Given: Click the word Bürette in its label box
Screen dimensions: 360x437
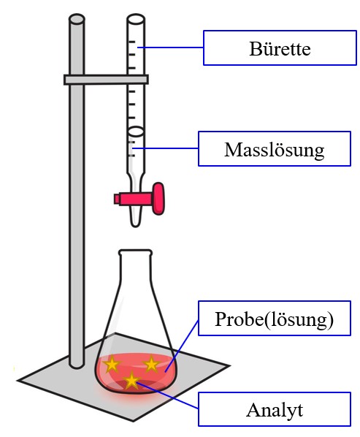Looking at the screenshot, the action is click(x=280, y=48).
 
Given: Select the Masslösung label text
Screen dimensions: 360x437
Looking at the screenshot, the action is click(x=275, y=150).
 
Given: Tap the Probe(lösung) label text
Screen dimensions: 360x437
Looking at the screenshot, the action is click(x=275, y=319).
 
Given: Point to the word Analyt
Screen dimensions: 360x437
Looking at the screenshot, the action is click(x=275, y=410).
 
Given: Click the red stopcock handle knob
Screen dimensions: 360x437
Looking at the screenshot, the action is click(x=158, y=199).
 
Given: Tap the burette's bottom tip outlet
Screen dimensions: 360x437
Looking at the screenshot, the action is click(x=135, y=224).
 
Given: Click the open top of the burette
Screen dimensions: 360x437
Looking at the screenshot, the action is click(x=136, y=20).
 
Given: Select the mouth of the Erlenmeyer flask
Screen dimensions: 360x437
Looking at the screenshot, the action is click(x=136, y=252).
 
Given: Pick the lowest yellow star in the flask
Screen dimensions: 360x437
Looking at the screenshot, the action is click(x=131, y=381).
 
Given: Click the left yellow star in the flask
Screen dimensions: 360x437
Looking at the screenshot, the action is click(x=112, y=364).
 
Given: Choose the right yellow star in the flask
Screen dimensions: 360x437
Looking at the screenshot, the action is click(x=151, y=364).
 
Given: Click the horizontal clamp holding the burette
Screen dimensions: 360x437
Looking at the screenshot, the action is click(x=106, y=80).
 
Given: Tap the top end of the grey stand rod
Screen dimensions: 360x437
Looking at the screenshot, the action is click(x=77, y=19).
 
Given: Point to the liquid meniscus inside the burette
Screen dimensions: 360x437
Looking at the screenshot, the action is click(x=136, y=132).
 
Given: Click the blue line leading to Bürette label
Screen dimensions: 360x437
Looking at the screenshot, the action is click(x=171, y=47).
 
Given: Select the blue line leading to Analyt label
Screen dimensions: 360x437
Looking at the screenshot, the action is click(x=168, y=396).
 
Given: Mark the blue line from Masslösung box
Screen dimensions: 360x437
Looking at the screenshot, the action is click(x=165, y=148).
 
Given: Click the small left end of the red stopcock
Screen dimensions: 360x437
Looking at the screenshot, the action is click(x=117, y=199).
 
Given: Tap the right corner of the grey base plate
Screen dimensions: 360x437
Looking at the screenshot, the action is click(x=230, y=365).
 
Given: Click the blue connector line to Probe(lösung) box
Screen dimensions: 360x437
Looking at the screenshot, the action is click(x=182, y=346).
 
